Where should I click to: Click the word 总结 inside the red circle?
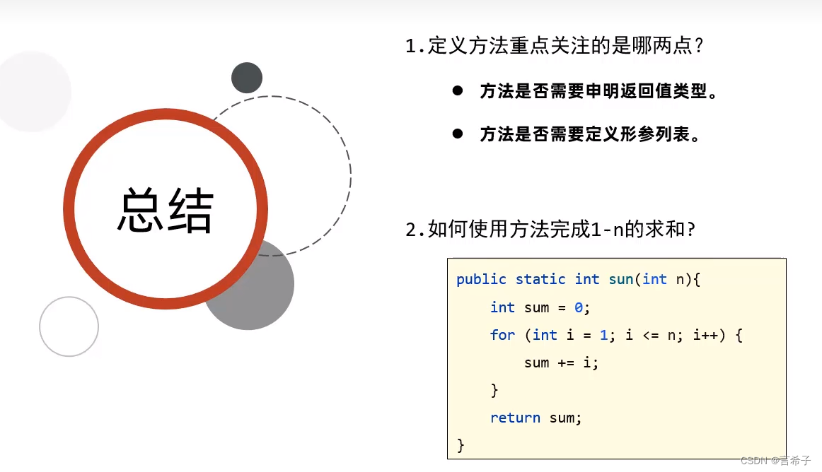click(166, 210)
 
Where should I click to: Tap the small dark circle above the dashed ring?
click(247, 78)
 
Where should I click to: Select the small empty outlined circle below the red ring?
click(69, 326)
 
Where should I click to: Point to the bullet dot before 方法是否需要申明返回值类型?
click(458, 90)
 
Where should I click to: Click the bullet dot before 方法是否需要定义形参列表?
click(458, 133)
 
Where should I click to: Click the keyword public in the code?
click(482, 279)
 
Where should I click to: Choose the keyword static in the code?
click(540, 279)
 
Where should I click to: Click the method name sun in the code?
click(620, 279)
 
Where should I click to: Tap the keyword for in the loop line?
click(503, 335)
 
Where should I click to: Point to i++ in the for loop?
click(709, 335)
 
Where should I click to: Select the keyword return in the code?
click(515, 418)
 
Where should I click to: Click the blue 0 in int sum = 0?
click(578, 307)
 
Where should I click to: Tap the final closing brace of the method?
click(461, 445)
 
